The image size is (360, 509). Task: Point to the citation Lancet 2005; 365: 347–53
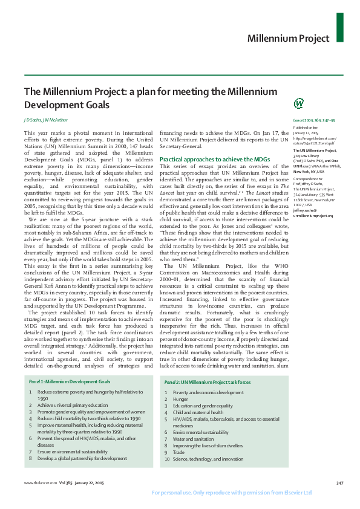click(313, 121)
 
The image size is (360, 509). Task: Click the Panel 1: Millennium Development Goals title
click(70, 382)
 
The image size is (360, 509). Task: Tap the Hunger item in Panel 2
click(180, 399)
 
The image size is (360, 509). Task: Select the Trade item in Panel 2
click(178, 452)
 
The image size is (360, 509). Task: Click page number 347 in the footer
click(339, 482)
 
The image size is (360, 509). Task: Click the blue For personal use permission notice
click(232, 492)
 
